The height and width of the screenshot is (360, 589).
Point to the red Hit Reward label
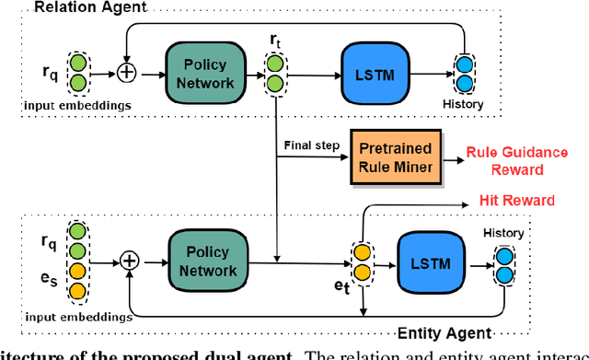coord(517,200)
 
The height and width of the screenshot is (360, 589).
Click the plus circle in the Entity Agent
coord(130,261)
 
